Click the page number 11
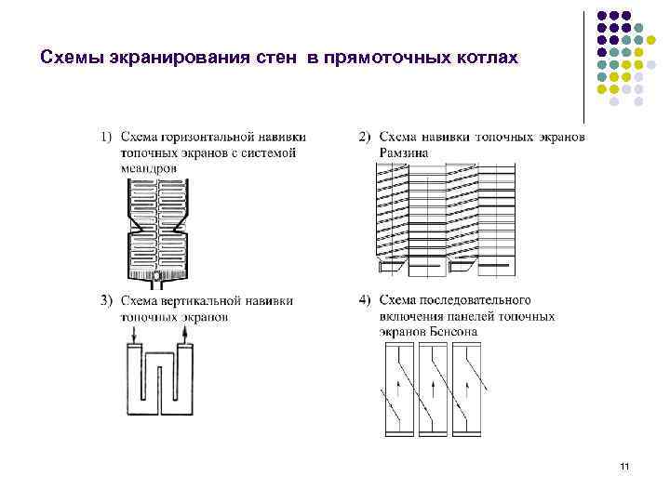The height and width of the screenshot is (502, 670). coord(623,466)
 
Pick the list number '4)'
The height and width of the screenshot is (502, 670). coord(366,300)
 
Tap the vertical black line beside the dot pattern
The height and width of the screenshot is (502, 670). coord(584,65)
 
